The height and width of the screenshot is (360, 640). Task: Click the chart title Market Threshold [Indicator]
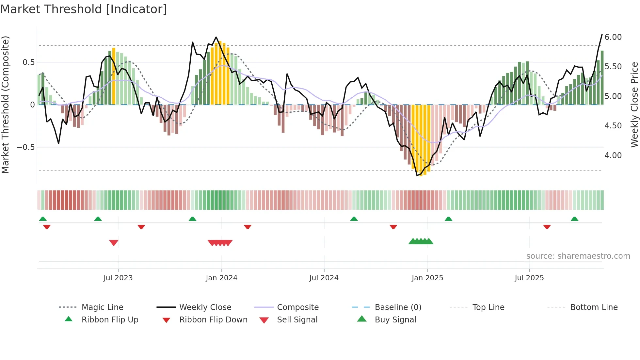[84, 9]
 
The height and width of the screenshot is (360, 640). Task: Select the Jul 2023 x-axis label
[118, 278]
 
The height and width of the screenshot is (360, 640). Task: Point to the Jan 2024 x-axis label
[221, 278]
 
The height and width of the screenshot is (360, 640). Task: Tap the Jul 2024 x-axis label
[324, 278]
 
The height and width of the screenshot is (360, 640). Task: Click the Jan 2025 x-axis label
[427, 278]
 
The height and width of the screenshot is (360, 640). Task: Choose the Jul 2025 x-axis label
[529, 278]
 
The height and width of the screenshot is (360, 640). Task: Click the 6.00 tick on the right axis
[613, 37]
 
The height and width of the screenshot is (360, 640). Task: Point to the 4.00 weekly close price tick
[613, 155]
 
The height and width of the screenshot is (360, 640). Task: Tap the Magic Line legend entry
[102, 307]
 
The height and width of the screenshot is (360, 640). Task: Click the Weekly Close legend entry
[205, 307]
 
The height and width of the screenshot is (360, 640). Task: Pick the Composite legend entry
[297, 307]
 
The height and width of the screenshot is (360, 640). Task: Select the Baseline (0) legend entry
[398, 307]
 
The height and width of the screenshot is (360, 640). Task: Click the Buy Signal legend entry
[395, 320]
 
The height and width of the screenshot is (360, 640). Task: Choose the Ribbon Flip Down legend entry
[213, 320]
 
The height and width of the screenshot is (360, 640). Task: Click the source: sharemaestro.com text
[578, 256]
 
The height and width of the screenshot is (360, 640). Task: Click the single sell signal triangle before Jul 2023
[114, 243]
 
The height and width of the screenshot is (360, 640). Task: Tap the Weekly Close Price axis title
[634, 105]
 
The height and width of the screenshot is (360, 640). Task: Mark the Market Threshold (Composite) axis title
[5, 105]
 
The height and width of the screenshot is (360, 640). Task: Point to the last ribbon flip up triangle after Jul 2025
[574, 219]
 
